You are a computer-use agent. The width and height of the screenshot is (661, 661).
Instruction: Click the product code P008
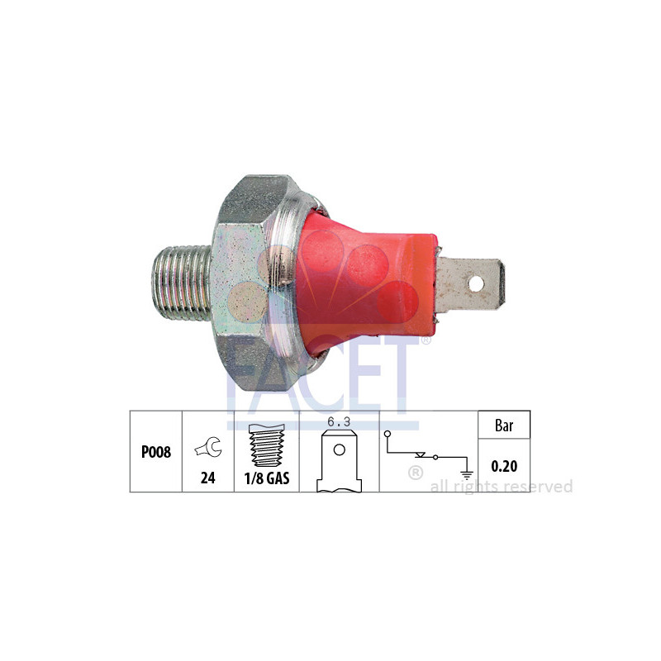tap(156, 454)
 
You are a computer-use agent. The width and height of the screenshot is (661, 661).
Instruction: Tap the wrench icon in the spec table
tap(207, 449)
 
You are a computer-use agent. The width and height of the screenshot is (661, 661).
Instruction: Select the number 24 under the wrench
tap(207, 478)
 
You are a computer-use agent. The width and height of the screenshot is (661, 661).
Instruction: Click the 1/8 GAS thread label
tap(266, 478)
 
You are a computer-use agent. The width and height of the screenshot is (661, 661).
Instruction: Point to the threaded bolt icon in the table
tap(266, 445)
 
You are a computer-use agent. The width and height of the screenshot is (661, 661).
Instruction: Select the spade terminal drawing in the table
tap(339, 463)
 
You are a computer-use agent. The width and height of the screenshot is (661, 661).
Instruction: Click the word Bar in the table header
tap(503, 427)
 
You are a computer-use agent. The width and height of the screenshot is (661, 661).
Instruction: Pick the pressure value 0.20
tap(503, 467)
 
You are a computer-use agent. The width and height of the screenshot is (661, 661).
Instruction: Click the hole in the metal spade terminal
tap(475, 283)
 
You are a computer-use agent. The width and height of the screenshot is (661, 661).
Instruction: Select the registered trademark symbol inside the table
tap(416, 473)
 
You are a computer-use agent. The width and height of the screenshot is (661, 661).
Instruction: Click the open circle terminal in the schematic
tap(387, 432)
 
